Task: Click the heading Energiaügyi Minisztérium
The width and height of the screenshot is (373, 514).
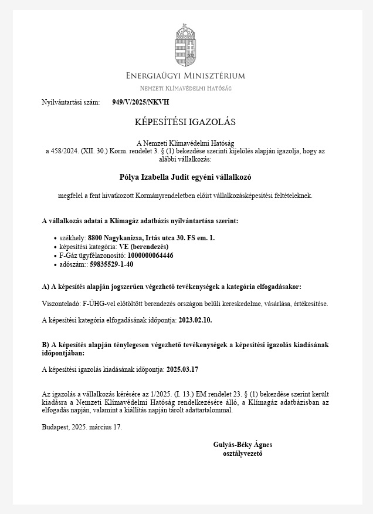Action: (x=186, y=76)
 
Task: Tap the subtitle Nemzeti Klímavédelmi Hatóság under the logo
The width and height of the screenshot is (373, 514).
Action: (x=186, y=88)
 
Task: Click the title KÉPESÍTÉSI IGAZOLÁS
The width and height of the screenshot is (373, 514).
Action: (x=185, y=122)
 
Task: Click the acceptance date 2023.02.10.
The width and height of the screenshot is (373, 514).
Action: (x=195, y=320)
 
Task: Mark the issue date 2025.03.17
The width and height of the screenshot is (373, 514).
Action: (x=183, y=369)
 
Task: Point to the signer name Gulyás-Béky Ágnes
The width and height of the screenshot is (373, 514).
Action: (x=243, y=445)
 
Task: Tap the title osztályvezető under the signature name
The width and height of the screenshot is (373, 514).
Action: (x=243, y=453)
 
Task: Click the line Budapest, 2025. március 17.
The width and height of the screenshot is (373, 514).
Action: (x=82, y=427)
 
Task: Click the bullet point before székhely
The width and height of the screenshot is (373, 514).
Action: (x=55, y=238)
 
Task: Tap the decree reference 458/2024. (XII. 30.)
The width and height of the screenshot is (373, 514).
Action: (x=76, y=151)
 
